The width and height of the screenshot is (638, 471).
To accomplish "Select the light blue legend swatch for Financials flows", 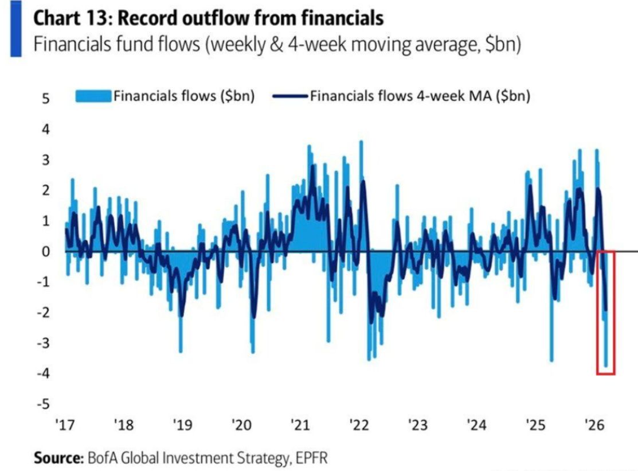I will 93,95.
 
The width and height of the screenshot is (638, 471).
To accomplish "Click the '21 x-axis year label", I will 300,426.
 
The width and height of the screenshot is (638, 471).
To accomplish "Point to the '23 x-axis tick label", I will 417,426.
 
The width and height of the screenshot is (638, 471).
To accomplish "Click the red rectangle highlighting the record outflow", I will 605,313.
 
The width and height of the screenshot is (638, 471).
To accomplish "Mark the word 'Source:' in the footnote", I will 58,458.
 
